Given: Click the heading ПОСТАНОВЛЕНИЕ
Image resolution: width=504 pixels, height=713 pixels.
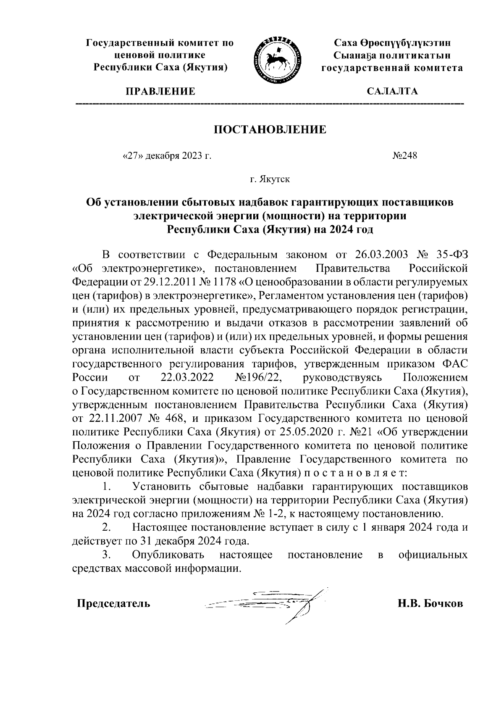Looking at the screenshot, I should click(x=270, y=129).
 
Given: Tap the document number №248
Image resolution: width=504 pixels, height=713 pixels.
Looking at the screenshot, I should click(x=404, y=156).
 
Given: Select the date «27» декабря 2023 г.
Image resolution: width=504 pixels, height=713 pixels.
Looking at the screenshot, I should click(x=166, y=156).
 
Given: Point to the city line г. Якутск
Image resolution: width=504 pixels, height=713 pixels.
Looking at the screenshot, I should click(x=270, y=180).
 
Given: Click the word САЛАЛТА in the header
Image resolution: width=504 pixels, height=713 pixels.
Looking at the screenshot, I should click(x=392, y=92).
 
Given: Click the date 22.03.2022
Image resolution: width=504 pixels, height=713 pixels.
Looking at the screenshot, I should click(x=186, y=377).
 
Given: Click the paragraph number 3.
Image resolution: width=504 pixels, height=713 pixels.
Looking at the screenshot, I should click(x=107, y=555).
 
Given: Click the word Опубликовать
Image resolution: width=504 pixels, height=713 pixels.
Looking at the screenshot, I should click(x=168, y=555).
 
